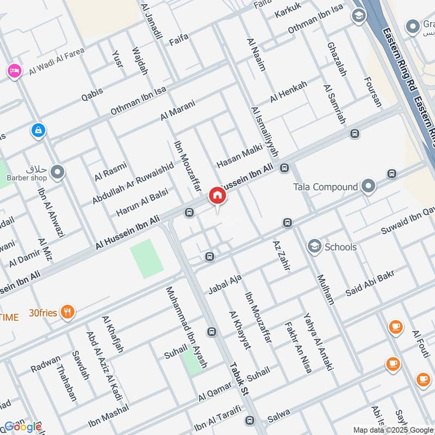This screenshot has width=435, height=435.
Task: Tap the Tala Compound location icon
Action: coord(369,187)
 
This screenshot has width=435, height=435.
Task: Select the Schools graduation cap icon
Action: coord(314,247)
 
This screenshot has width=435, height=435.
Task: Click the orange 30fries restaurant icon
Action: coord(67,312)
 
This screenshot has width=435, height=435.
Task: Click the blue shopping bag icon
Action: coord(38,130)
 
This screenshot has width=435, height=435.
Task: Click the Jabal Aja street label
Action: coord(225,284)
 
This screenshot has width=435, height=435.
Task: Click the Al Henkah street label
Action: coord(289,91)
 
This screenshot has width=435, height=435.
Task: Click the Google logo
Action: coord(22,427)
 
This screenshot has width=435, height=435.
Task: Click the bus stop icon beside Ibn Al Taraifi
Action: coord(249,420)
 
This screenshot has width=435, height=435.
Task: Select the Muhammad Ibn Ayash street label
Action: coord(187,327)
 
